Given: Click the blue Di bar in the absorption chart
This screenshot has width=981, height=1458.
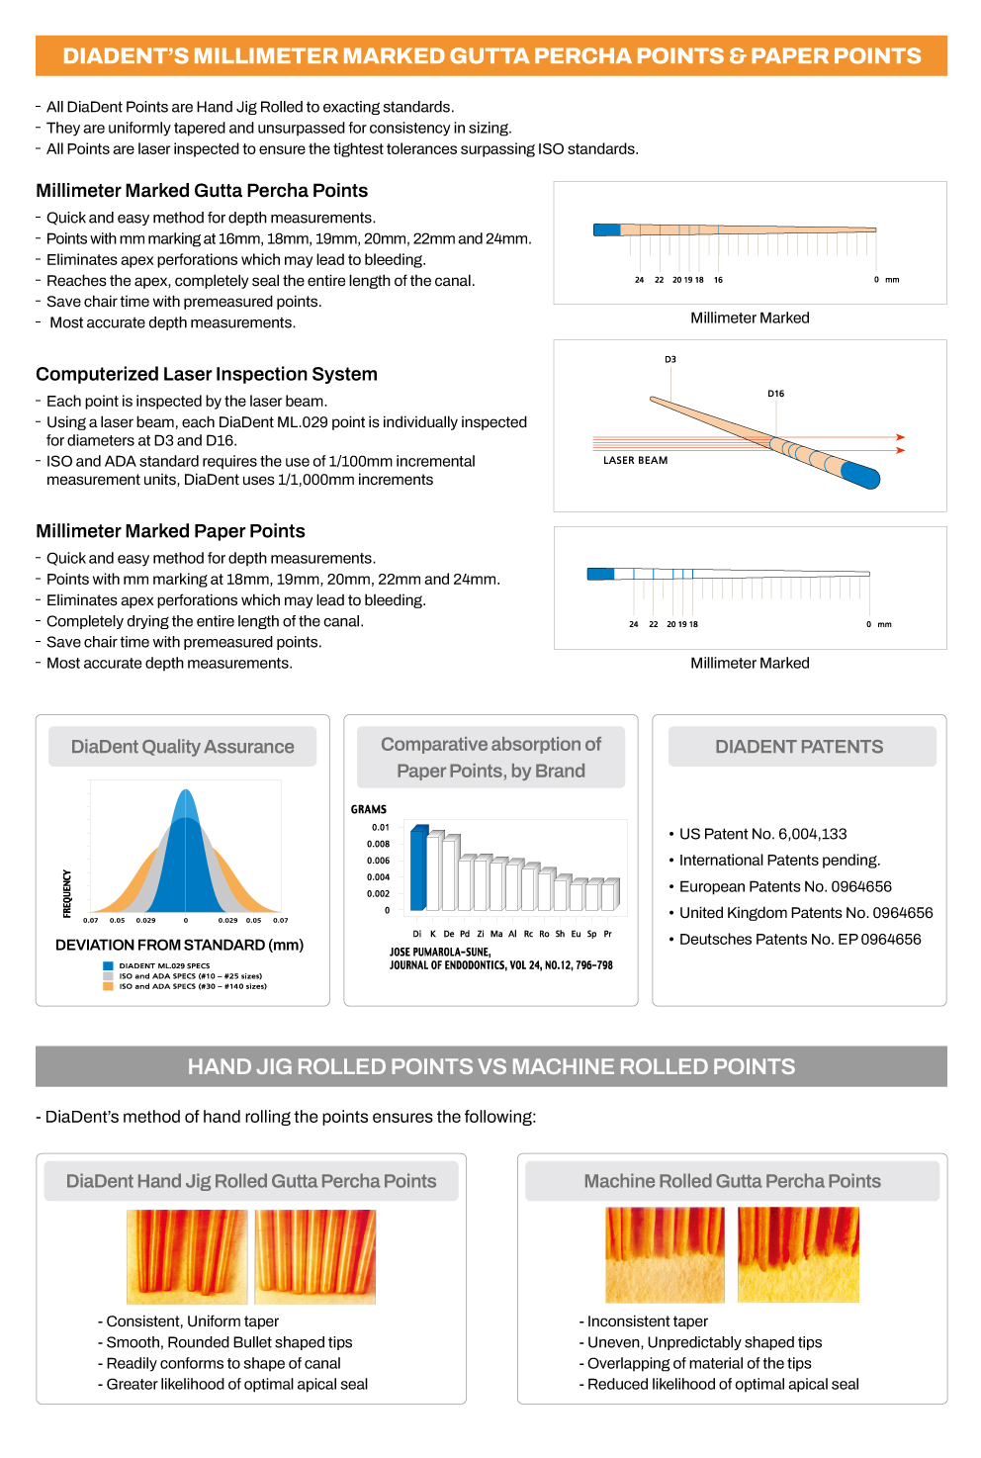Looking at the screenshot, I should pos(418,867).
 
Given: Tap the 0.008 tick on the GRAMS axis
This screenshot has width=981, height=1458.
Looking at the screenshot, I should pos(378,844).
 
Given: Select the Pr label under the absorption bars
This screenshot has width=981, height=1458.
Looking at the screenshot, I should pos(607,933).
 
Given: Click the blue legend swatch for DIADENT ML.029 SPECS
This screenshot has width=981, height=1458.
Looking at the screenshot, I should pos(108,965).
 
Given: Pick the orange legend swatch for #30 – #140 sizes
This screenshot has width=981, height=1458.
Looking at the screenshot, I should pos(108,986).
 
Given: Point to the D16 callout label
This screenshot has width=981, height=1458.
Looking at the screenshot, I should pos(775,394).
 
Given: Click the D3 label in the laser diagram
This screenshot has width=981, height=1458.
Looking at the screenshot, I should pos(670,360).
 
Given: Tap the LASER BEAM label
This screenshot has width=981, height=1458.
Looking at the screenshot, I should pos(635,460).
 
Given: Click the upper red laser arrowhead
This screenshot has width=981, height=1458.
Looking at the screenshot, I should pos(900,436).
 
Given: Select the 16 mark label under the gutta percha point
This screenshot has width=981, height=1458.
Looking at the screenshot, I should pos(718,280).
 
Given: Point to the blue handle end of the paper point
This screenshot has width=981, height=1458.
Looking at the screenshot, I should pos(600,574).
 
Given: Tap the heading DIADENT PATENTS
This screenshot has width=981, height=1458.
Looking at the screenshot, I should pos(799,747).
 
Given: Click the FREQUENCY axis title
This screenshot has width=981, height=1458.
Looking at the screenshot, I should pos(67,893).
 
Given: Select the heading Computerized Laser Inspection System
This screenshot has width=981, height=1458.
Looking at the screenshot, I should pos(207,374).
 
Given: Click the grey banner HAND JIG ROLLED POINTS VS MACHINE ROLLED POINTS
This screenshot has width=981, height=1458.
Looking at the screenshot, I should pos(490,1066).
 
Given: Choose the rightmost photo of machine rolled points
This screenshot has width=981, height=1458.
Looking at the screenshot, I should pos(798,1254).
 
